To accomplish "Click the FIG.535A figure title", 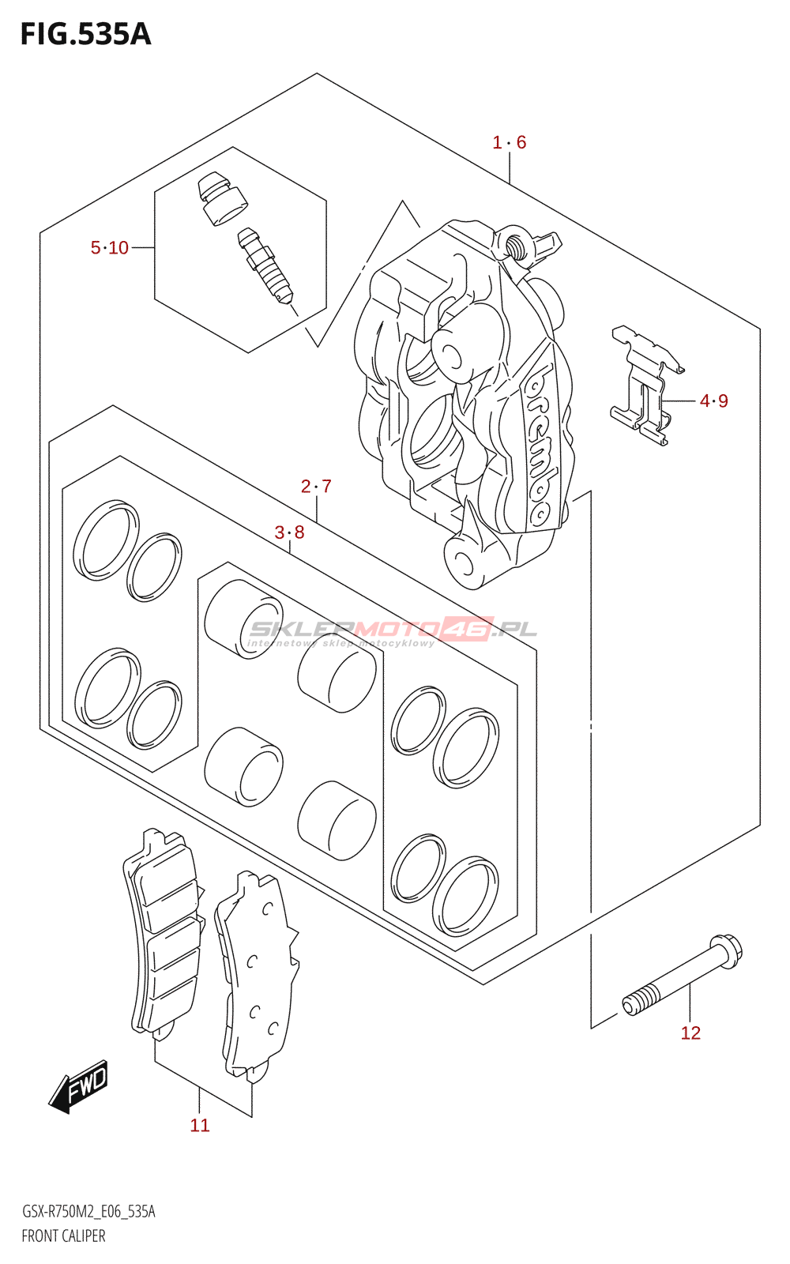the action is pyautogui.click(x=86, y=35).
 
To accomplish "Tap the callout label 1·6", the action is pyautogui.click(x=509, y=142).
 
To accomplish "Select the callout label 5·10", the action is pyautogui.click(x=110, y=247).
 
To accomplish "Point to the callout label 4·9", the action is pyautogui.click(x=714, y=401).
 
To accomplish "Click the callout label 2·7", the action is pyautogui.click(x=316, y=486).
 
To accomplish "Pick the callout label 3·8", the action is pyautogui.click(x=289, y=532).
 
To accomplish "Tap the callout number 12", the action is pyautogui.click(x=690, y=1033).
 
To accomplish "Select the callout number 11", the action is pyautogui.click(x=200, y=1125).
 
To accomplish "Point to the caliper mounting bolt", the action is pyautogui.click(x=683, y=975).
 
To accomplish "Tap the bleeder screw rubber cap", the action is pyautogui.click(x=222, y=198).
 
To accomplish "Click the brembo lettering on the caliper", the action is pyautogui.click(x=538, y=443).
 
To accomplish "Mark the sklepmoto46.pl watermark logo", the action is pyautogui.click(x=393, y=632).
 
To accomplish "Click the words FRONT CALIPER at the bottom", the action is pyautogui.click(x=63, y=1236).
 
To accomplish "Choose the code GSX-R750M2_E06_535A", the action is pyautogui.click(x=88, y=1212).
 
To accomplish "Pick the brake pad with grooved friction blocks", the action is pyautogui.click(x=164, y=934).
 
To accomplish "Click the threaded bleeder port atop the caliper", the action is pyautogui.click(x=514, y=244).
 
